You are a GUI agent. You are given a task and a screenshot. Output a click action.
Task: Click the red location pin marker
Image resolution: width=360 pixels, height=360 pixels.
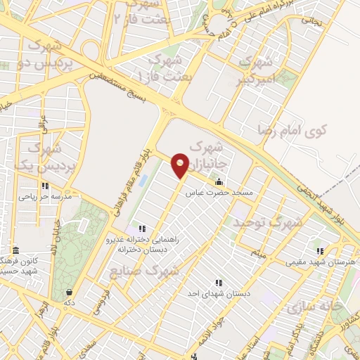tap(181, 165)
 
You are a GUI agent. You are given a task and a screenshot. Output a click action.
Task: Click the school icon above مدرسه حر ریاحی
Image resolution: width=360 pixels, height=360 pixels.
tap(46, 186)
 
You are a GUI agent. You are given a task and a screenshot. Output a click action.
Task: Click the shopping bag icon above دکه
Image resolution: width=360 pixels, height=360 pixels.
tap(69, 292)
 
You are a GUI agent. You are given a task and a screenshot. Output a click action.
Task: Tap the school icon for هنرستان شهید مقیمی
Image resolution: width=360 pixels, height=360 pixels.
tap(320, 251)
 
